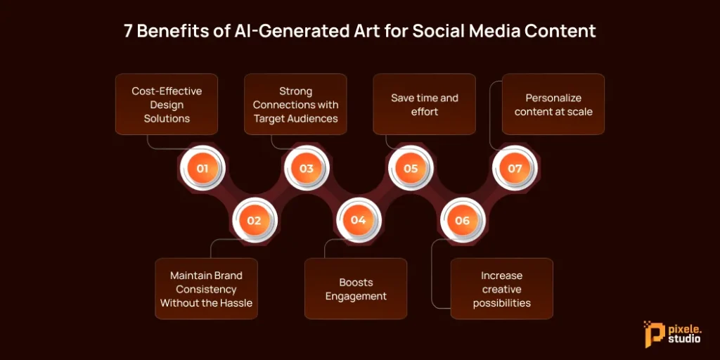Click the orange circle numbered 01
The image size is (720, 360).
pyautogui.click(x=202, y=169)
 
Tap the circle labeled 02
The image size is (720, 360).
pyautogui.click(x=254, y=220)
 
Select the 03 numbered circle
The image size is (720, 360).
pyautogui.click(x=306, y=169)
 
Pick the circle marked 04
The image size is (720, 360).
pyautogui.click(x=358, y=220)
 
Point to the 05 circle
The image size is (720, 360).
pyautogui.click(x=411, y=169)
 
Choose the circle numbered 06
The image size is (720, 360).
pyautogui.click(x=462, y=220)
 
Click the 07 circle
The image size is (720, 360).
pyautogui.click(x=515, y=169)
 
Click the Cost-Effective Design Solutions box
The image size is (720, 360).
pyautogui.click(x=167, y=105)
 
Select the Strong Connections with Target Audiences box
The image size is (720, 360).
pyautogui.click(x=295, y=105)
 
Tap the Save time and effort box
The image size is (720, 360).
pyautogui.click(x=424, y=105)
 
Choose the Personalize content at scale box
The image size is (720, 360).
pyautogui.click(x=553, y=105)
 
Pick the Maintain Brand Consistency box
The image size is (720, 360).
pyautogui.click(x=206, y=289)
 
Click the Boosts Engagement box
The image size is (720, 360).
pyautogui.click(x=356, y=289)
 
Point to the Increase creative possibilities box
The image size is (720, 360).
pyautogui.click(x=501, y=289)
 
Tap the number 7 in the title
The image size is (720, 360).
pyautogui.click(x=128, y=31)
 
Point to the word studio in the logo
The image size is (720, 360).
pyautogui.click(x=685, y=340)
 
